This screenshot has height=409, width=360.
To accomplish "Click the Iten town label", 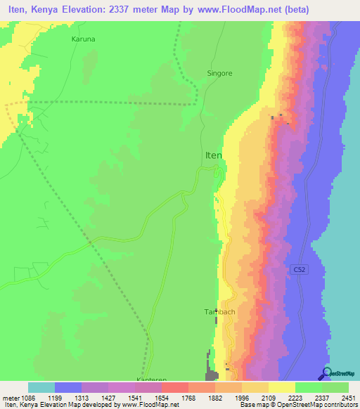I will pos(213,155).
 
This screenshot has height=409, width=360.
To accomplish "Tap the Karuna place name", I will pos(84,39).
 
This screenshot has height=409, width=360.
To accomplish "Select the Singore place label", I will pos(219,72).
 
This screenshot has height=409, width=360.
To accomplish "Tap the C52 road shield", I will pos(298,269).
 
